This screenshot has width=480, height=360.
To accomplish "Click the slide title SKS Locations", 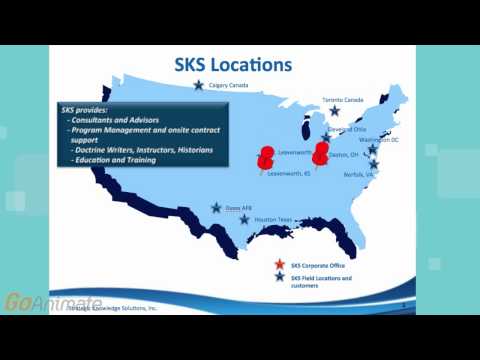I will click(247, 65).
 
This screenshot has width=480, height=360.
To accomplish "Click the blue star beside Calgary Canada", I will click(199, 86).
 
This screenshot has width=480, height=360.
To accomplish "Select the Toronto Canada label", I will click(346, 99).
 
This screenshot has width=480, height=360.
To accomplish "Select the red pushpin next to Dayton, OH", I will click(321, 153).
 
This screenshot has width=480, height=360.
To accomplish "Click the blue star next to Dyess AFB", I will click(216, 208).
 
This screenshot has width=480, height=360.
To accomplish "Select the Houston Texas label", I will click(271, 219).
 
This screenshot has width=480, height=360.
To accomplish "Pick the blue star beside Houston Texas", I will click(245, 218).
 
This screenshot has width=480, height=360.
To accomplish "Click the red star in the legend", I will click(280, 264).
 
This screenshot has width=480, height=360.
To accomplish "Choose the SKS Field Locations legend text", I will click(321, 280).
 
